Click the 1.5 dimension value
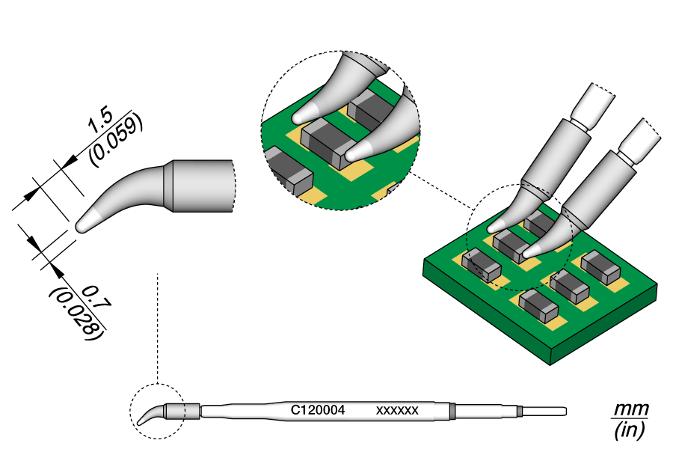click(x=100, y=120)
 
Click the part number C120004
click(x=317, y=410)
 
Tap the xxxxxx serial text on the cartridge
click(x=396, y=410)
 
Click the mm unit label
click(x=630, y=410)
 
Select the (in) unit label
click(x=630, y=430)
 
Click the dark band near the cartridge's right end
click(x=453, y=410)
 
